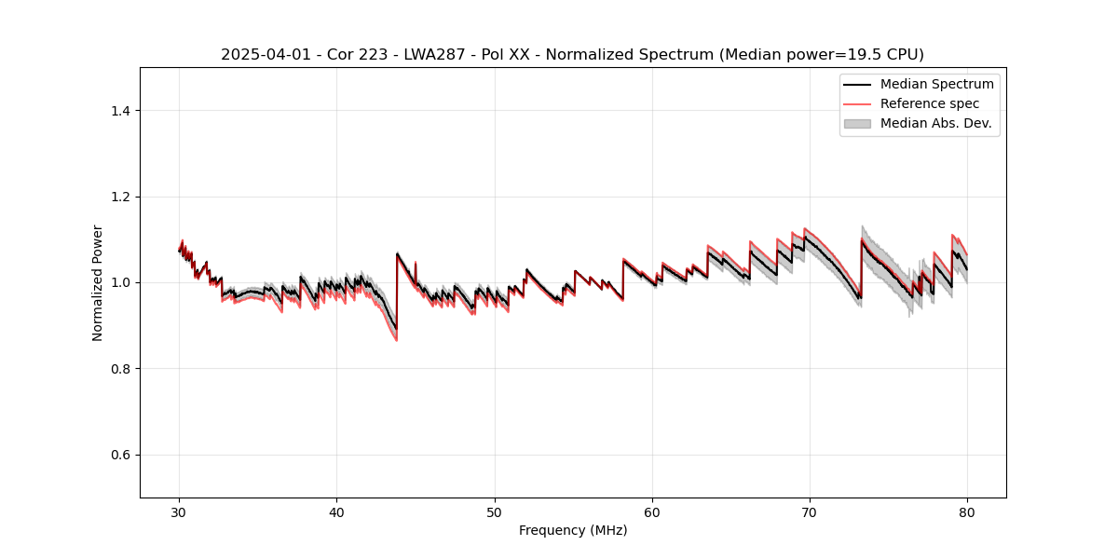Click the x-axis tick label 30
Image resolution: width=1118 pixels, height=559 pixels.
click(180, 512)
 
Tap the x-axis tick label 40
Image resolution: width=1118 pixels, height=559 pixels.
click(337, 512)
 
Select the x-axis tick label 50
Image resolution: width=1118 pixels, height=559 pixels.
click(495, 512)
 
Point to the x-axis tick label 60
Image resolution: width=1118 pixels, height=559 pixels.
click(652, 512)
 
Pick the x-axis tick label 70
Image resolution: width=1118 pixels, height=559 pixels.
click(810, 512)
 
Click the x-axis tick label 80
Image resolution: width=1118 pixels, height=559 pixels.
click(967, 512)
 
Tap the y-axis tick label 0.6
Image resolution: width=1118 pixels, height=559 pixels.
click(120, 455)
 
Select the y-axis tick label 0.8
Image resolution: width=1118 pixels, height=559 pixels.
click(120, 369)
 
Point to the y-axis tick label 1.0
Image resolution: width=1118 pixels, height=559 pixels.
click(120, 282)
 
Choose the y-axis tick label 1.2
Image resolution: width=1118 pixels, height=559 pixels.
click(120, 197)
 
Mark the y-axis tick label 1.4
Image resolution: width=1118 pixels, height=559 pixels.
click(120, 111)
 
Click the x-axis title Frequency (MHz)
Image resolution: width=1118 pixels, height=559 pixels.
click(573, 530)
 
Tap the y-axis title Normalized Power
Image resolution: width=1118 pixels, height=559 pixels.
click(98, 282)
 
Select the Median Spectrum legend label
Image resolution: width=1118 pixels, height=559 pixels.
click(936, 84)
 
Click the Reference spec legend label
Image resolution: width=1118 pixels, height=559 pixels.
click(930, 103)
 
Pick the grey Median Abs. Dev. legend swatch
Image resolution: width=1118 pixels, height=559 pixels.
click(857, 123)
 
